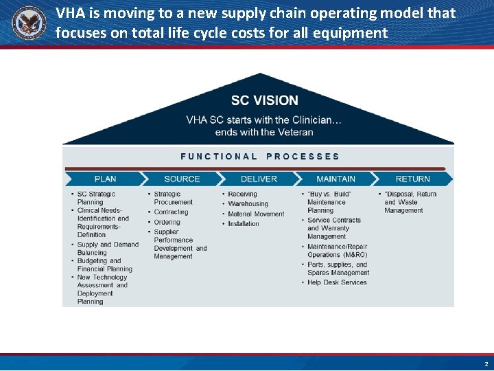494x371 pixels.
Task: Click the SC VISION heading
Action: [264, 100]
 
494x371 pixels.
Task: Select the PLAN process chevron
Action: [105, 179]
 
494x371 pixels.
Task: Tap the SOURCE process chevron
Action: [182, 179]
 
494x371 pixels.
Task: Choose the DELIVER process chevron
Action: [259, 179]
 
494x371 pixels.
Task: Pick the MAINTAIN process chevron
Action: [336, 179]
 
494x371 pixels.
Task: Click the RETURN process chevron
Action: [412, 179]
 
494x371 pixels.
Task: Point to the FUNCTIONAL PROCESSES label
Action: [259, 157]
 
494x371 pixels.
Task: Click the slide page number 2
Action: [486, 364]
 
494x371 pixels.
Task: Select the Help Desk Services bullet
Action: [337, 282]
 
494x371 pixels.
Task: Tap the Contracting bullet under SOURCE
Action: [171, 212]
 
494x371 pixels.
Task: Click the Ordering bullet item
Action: [167, 222]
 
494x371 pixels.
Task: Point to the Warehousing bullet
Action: [248, 204]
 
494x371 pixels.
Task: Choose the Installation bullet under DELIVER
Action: [244, 224]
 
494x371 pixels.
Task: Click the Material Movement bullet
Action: [256, 214]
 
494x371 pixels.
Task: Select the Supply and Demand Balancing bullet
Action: [107, 249]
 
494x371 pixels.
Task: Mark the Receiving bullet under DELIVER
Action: [242, 194]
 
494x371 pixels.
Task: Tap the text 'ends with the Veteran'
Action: [264, 132]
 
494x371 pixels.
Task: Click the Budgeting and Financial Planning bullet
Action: [104, 265]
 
